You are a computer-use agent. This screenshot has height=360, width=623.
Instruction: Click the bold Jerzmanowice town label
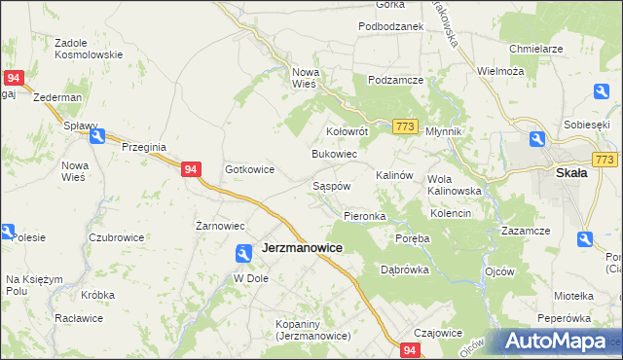(302, 248)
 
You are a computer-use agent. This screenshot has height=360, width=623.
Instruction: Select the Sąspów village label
(331, 185)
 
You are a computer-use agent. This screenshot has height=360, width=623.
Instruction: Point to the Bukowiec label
(334, 154)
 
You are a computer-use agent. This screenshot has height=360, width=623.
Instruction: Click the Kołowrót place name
(346, 130)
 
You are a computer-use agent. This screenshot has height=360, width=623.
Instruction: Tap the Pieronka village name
(365, 215)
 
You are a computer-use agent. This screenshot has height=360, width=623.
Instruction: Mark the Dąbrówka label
(405, 270)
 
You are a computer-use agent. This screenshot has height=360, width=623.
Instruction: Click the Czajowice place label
(437, 332)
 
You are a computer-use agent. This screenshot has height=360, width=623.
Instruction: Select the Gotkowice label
(250, 169)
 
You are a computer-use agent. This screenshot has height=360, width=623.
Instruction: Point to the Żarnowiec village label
(220, 226)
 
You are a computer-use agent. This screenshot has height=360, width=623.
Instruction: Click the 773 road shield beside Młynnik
(407, 126)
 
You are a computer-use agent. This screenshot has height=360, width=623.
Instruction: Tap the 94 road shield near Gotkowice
(192, 169)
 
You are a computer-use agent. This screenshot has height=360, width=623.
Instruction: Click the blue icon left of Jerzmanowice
(243, 253)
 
